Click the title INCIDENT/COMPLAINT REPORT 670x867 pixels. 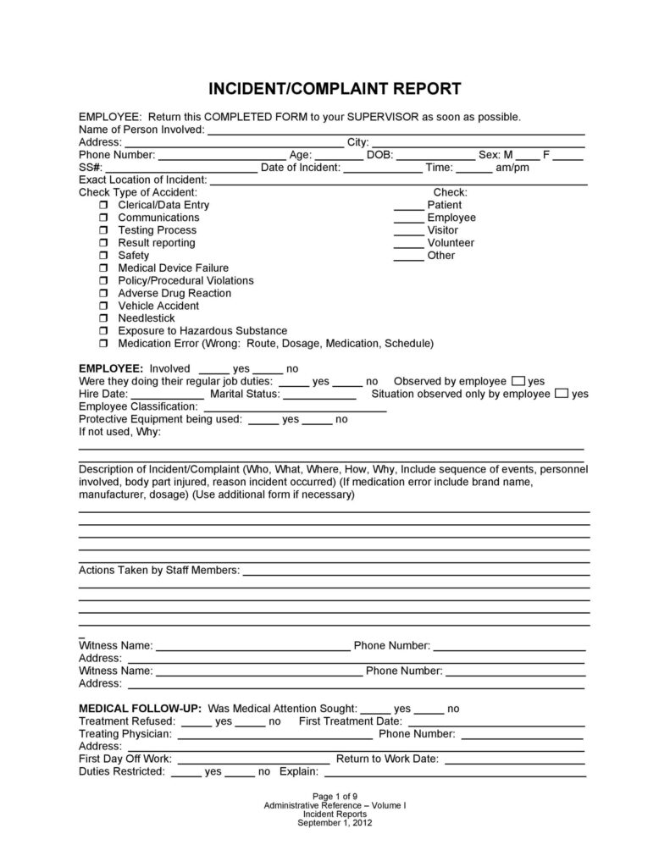pyautogui.click(x=335, y=88)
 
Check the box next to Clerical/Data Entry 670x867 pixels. pyautogui.click(x=103, y=206)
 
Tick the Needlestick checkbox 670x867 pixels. pyautogui.click(x=103, y=319)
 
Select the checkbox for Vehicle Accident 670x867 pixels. pyautogui.click(x=103, y=306)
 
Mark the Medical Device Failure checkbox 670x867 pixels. pyautogui.click(x=103, y=268)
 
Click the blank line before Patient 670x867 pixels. pyautogui.click(x=408, y=206)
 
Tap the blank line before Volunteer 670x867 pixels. pyautogui.click(x=408, y=244)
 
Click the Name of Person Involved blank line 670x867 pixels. pyautogui.click(x=396, y=130)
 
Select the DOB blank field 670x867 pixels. pyautogui.click(x=435, y=156)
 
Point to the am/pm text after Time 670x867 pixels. pyautogui.click(x=512, y=168)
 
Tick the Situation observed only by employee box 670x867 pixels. pyautogui.click(x=562, y=394)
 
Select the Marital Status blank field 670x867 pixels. pyautogui.click(x=319, y=395)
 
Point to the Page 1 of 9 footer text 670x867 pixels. pyautogui.click(x=335, y=797)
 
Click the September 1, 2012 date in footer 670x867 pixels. pyautogui.click(x=335, y=822)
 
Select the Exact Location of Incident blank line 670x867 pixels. pyautogui.click(x=398, y=180)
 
